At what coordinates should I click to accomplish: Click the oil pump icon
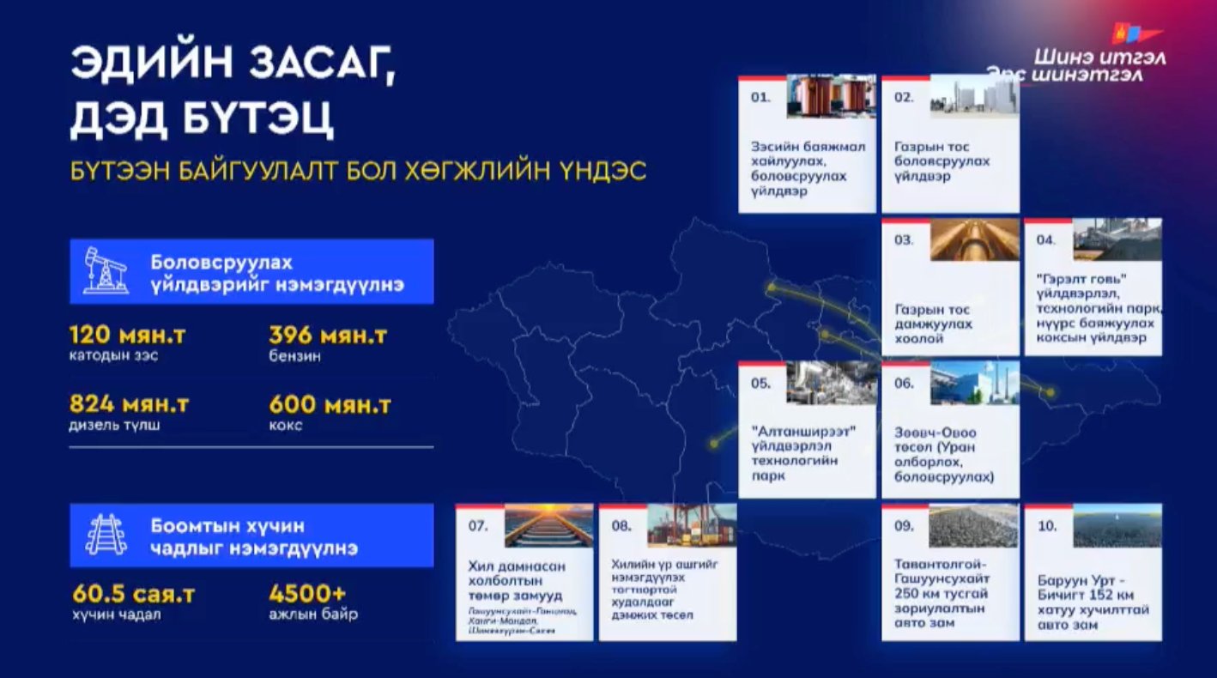pyautogui.click(x=106, y=270)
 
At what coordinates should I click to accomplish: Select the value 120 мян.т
pyautogui.click(x=126, y=335)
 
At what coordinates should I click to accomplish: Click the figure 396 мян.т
pyautogui.click(x=327, y=335)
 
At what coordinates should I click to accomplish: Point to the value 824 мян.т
pyautogui.click(x=129, y=403)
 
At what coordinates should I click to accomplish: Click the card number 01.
pyautogui.click(x=760, y=97)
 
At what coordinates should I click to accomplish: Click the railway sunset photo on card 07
pyautogui.click(x=548, y=525)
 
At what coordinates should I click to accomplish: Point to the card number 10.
pyautogui.click(x=1047, y=525)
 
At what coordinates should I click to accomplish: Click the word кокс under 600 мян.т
pyautogui.click(x=285, y=425)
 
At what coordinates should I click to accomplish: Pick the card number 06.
pyautogui.click(x=904, y=383)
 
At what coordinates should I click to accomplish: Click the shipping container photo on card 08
pyautogui.click(x=692, y=525)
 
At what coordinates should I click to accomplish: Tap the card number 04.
pyautogui.click(x=1045, y=239)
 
